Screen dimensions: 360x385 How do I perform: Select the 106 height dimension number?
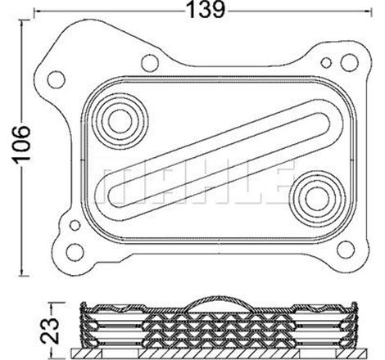click(x=21, y=146)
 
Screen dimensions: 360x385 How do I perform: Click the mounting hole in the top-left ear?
click(x=58, y=79)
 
